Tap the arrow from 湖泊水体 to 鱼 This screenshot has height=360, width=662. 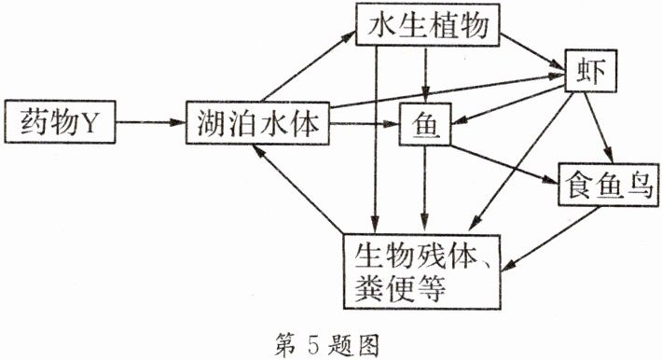tap(365, 122)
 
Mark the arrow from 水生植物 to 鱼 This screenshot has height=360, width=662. tap(425, 75)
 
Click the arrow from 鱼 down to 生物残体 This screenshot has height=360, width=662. tap(426, 187)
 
